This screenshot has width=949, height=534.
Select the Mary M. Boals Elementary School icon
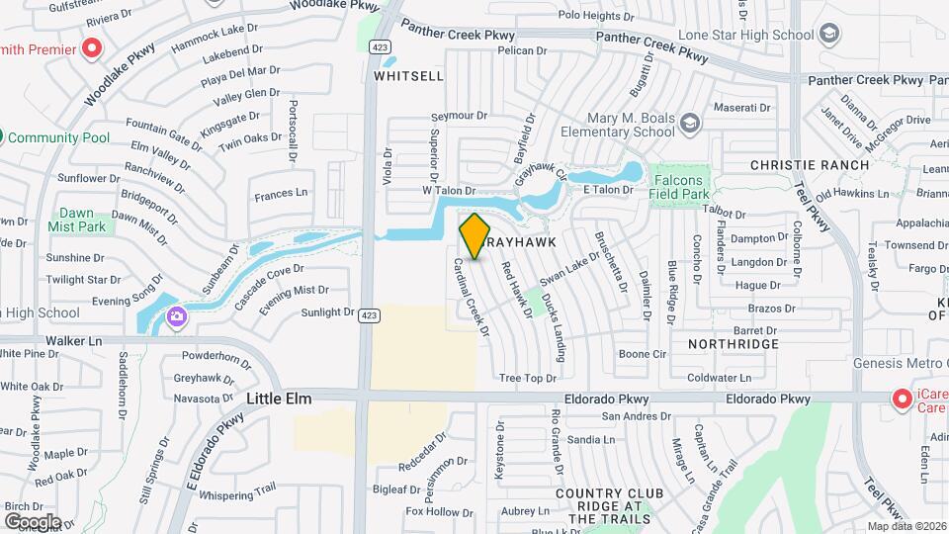click(x=688, y=123)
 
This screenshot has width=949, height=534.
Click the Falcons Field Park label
click(x=680, y=188)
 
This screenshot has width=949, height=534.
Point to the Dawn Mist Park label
click(x=76, y=220)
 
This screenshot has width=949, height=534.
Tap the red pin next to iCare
click(x=902, y=399)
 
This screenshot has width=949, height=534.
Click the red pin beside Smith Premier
click(x=92, y=47)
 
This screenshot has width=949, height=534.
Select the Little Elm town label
click(x=279, y=399)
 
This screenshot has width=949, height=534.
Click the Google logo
click(x=33, y=521)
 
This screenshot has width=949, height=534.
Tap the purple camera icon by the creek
click(x=176, y=316)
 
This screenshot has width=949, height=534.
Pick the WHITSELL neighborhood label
click(x=402, y=75)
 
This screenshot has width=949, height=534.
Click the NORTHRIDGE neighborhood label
click(x=734, y=344)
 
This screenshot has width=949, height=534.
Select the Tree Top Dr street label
click(x=528, y=378)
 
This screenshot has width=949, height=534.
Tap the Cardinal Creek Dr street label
click(x=472, y=298)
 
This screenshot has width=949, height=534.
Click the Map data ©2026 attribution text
click(x=906, y=526)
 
